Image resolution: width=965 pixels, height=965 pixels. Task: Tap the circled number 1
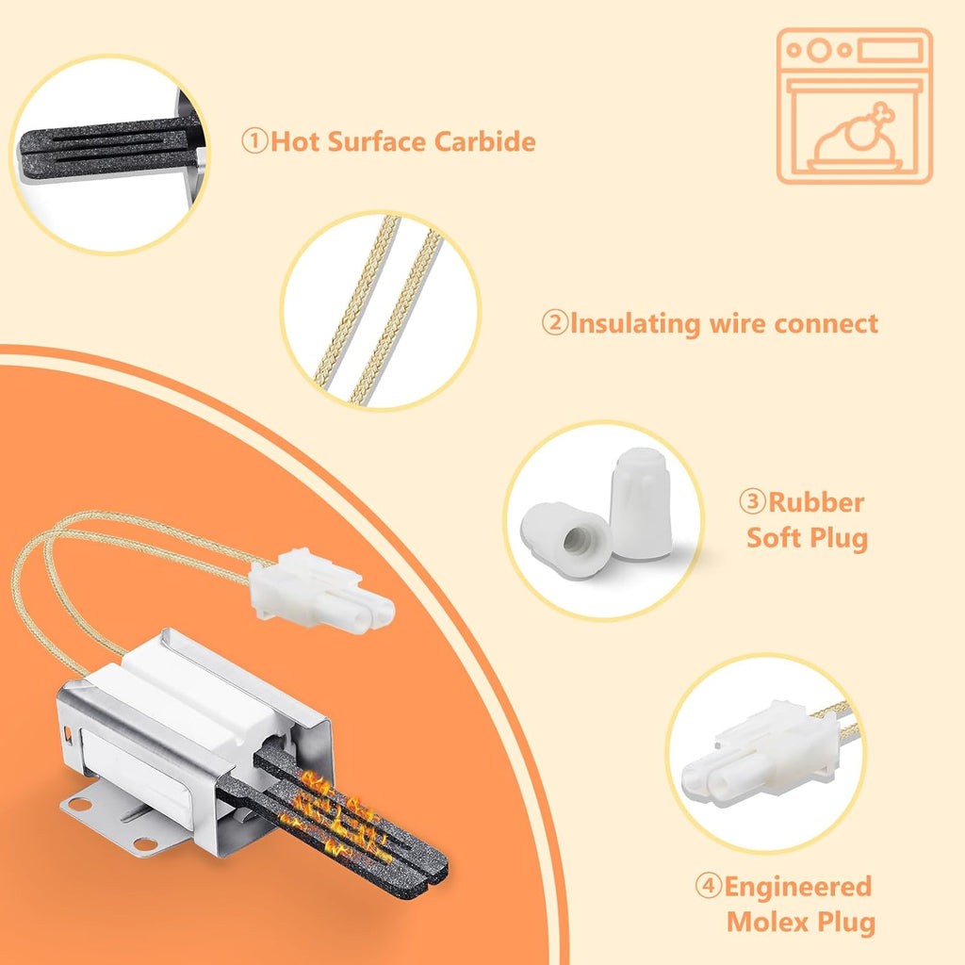[254, 141]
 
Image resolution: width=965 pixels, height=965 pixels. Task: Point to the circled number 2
[555, 322]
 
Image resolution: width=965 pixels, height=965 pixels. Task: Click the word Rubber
[816, 503]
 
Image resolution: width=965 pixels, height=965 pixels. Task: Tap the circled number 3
[753, 501]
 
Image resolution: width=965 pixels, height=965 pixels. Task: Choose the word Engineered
[797, 888]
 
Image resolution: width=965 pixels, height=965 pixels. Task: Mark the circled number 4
[709, 886]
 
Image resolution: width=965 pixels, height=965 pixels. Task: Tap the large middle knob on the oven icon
[819, 50]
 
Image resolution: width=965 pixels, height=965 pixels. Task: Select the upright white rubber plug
[641, 503]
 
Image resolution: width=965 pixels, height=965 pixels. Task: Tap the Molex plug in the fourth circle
[761, 755]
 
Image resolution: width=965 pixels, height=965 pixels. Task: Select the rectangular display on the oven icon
[891, 50]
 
